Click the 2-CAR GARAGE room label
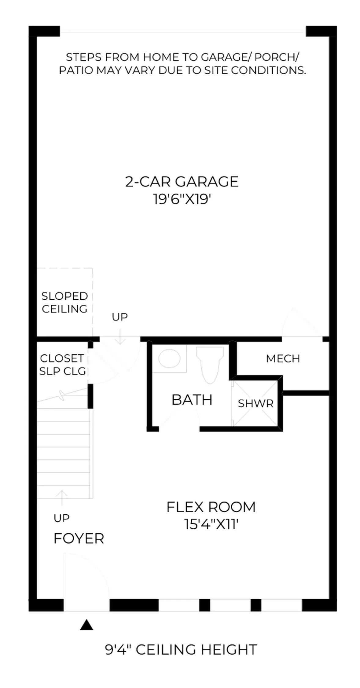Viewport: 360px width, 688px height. point(182,181)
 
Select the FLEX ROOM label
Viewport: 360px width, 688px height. point(211,507)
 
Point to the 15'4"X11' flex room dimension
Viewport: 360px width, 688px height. point(211,524)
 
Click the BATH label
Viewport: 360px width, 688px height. point(192,400)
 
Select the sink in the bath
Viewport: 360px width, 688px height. point(169,359)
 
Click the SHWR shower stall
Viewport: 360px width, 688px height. point(255,403)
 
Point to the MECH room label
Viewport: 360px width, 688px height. point(283,358)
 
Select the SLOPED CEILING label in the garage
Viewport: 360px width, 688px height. point(64,302)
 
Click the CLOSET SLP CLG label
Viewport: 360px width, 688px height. point(62,364)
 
